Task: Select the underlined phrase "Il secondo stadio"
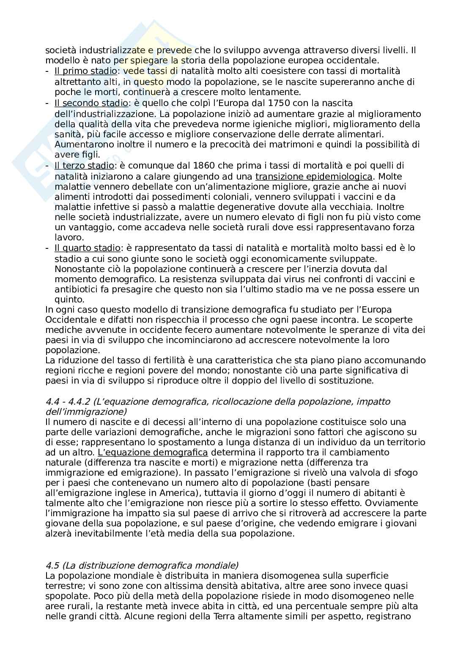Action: [91, 103]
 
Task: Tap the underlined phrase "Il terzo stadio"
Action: [84, 166]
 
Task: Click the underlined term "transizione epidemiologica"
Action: [314, 176]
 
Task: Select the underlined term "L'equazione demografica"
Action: [149, 452]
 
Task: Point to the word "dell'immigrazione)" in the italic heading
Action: [86, 411]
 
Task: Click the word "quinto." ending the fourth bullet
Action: [69, 299]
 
